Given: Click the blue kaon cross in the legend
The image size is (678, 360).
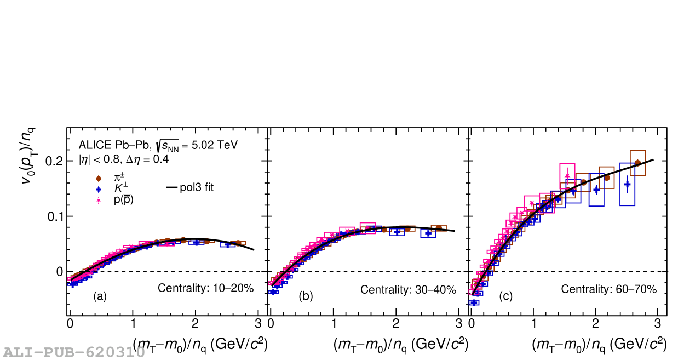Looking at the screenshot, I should tap(99, 189).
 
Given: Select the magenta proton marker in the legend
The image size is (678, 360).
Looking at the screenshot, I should tap(99, 201).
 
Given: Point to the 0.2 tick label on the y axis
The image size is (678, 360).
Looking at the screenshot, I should tap(53, 161).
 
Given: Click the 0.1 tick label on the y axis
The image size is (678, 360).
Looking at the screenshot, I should tap(53, 216).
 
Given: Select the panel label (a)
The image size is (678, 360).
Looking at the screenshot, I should tap(100, 296).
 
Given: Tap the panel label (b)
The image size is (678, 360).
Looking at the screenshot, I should tap(306, 296).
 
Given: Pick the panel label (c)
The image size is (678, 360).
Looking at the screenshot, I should tap(505, 296).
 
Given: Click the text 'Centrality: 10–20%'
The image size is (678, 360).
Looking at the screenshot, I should tap(205, 288).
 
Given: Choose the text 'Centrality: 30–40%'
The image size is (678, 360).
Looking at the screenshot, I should tap(408, 290).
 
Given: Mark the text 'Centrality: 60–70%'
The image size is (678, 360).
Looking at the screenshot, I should tap(608, 290).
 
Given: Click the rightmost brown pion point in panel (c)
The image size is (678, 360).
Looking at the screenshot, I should tap(637, 163).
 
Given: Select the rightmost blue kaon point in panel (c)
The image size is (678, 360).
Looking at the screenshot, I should tap(627, 185).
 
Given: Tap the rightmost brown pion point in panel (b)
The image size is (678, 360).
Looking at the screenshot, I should tap(438, 228).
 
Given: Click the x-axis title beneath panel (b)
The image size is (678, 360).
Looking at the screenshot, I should tap(400, 344).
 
